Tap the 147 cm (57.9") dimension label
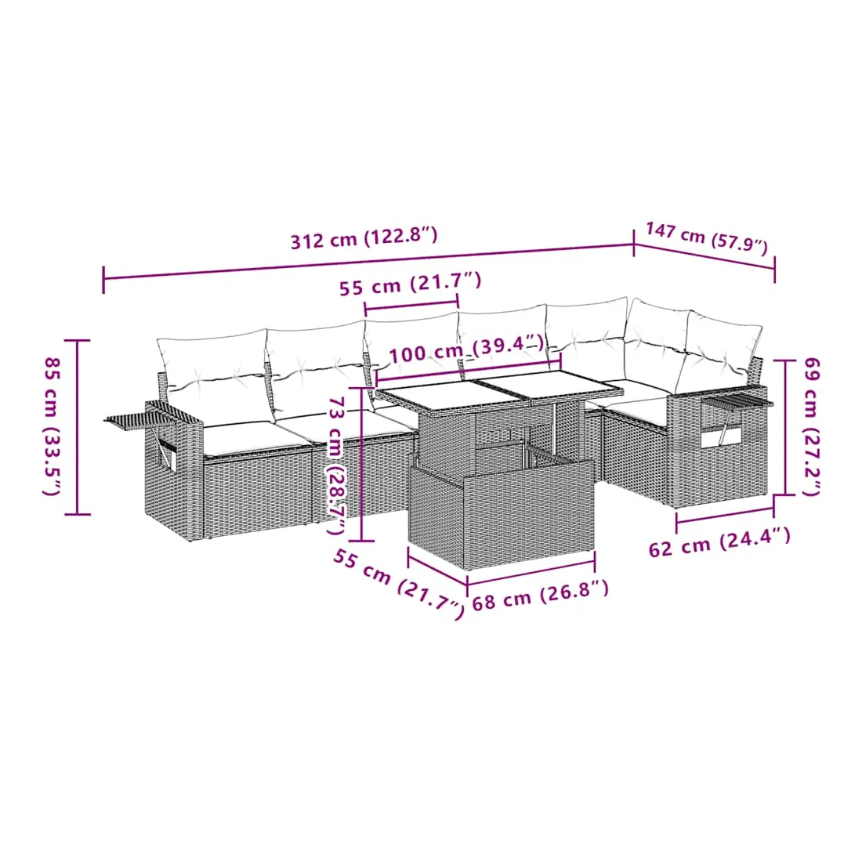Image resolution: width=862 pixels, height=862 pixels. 707,238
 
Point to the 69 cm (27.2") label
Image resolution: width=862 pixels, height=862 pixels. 811,426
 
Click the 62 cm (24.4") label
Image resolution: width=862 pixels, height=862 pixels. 719,541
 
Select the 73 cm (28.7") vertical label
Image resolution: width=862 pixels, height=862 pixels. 336,465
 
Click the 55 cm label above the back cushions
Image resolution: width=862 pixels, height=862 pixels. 410,284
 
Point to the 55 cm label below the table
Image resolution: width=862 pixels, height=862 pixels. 399,584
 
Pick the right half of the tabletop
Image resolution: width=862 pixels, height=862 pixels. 550,385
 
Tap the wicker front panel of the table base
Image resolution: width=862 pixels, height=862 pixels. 527,515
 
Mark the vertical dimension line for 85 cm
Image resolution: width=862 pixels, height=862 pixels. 78,427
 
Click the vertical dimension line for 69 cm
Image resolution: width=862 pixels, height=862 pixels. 786,427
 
